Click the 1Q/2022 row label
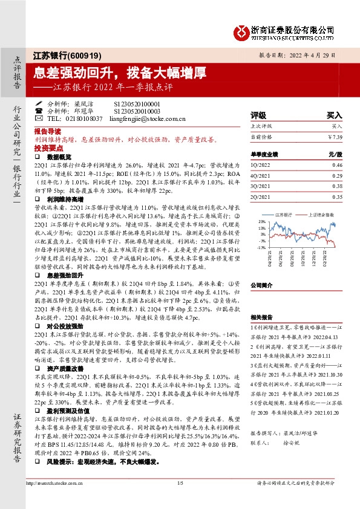coord(260,164)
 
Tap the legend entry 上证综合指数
coord(319,214)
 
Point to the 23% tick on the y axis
coord(263,221)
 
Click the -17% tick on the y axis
coord(263,248)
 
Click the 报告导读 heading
coord(48,131)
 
